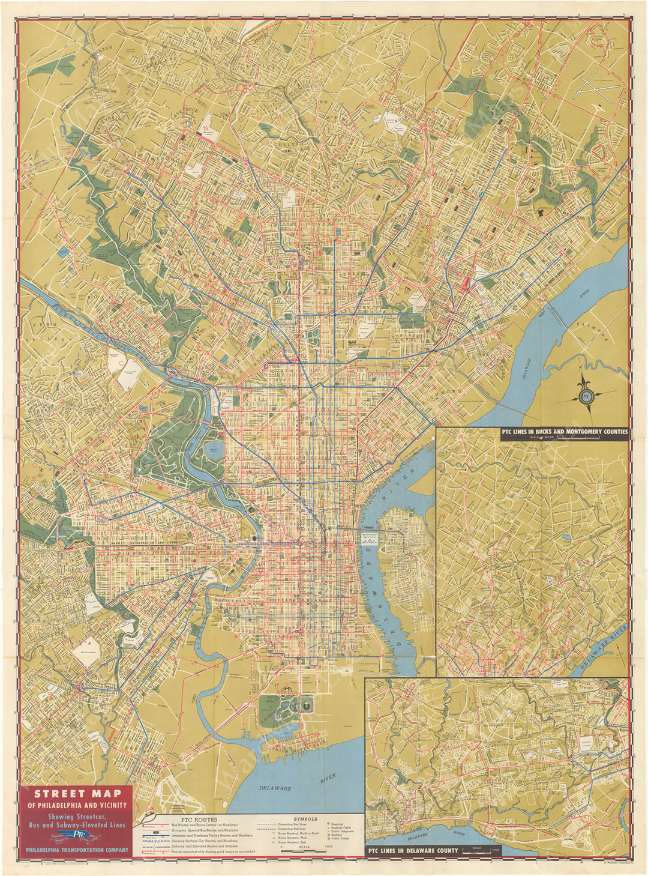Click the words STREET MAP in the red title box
tap(77, 793)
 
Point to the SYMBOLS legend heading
tap(305, 818)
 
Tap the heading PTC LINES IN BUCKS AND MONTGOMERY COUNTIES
tap(565, 431)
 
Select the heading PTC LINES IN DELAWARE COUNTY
tap(413, 850)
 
